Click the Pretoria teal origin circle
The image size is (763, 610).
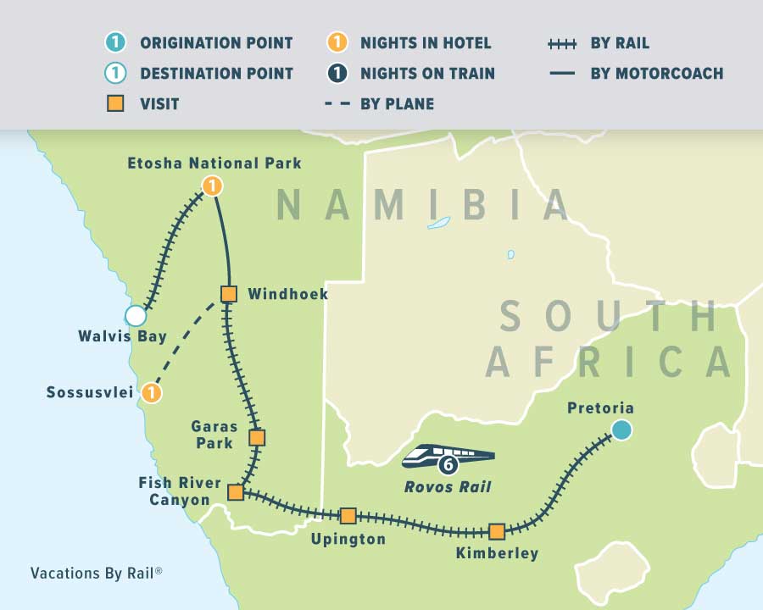coord(622,430)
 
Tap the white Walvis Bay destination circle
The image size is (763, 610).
coord(136,316)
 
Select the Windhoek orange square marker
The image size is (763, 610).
coord(228,294)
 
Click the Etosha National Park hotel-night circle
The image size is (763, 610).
coord(212,186)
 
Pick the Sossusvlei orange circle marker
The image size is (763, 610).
coord(151,393)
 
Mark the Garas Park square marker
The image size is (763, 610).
coord(257,438)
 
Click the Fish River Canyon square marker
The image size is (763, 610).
coord(236,492)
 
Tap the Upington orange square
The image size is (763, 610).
coord(348,516)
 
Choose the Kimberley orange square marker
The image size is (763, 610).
coord(497,531)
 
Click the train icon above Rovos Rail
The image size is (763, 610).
coord(448,457)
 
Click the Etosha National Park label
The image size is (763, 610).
coord(214,163)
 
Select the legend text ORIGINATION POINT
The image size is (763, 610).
coord(216,43)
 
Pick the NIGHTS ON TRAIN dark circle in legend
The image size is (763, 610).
coord(337,73)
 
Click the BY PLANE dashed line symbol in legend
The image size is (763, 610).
coord(337,104)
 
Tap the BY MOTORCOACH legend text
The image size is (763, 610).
coord(656,73)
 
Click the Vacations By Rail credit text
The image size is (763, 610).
coord(96,573)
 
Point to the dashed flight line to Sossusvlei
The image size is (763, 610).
coord(190,343)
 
